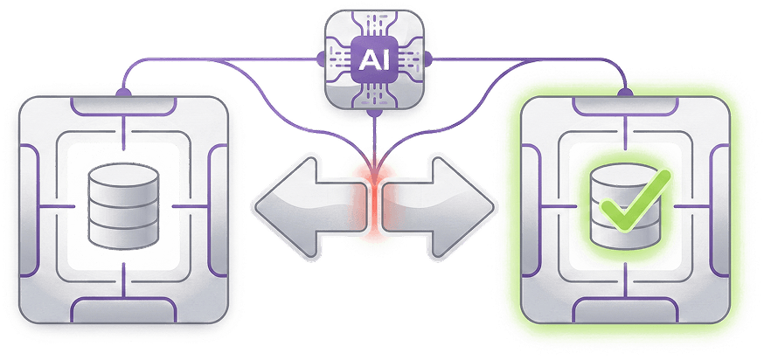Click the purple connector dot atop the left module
click(125, 90)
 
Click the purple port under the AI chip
click(373, 111)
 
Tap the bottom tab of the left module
click(125, 309)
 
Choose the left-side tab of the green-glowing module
click(528, 207)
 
